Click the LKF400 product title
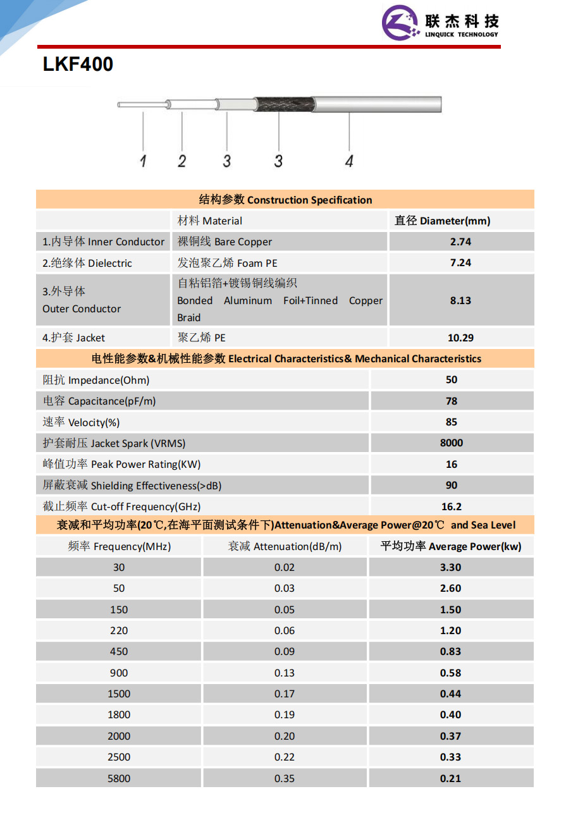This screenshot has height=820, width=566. [78, 64]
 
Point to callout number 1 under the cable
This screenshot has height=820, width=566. [143, 161]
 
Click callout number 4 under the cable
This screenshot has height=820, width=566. [349, 161]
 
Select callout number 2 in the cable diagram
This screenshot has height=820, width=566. [182, 161]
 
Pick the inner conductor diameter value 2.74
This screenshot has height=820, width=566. [460, 242]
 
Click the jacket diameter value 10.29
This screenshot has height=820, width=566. [460, 338]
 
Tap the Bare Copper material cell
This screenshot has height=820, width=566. [225, 242]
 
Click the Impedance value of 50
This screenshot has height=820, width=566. [451, 380]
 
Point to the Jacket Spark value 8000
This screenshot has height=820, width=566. [451, 443]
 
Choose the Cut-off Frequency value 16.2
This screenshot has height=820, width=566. [451, 506]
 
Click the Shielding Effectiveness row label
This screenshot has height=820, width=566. [132, 486]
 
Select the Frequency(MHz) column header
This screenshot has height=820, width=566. [120, 546]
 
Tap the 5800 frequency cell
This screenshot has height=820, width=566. [119, 778]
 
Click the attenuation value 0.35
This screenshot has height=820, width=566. [285, 778]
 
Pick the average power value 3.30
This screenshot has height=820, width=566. [450, 567]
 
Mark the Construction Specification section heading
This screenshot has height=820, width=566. [285, 200]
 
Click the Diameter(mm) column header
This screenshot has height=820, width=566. [443, 221]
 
